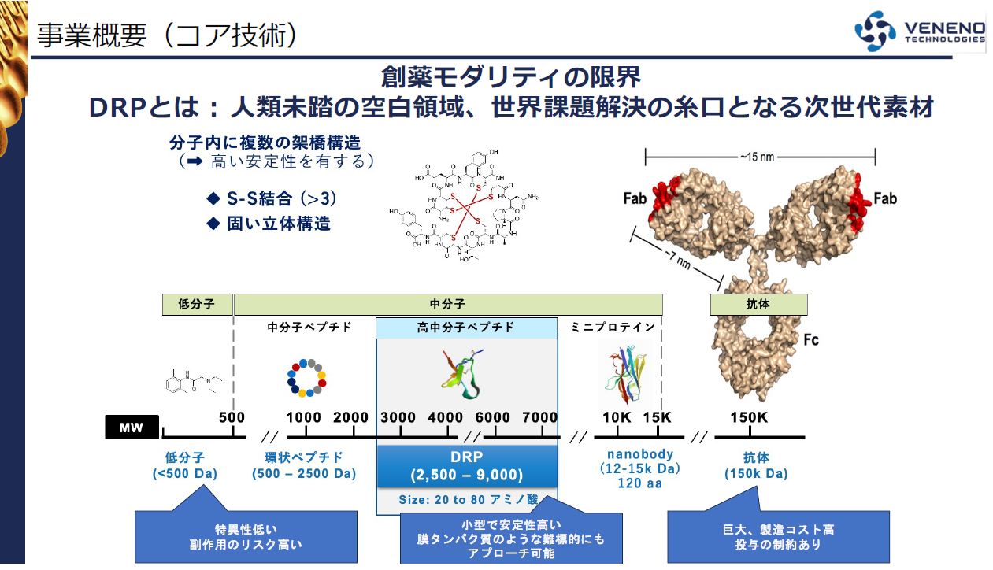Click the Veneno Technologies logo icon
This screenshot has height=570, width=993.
tap(876, 31)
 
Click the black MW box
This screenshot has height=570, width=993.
tap(132, 427)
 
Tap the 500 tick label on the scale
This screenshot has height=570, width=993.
tap(232, 417)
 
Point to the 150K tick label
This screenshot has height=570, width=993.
tap(748, 417)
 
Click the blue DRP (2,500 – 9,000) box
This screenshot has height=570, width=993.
tap(466, 465)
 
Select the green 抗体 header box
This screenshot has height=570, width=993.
tap(758, 305)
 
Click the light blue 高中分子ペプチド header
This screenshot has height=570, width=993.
tap(466, 328)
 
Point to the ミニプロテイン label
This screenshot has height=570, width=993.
tap(613, 328)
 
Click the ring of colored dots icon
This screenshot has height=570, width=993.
tap(306, 377)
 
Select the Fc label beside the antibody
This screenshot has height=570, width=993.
tap(811, 340)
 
